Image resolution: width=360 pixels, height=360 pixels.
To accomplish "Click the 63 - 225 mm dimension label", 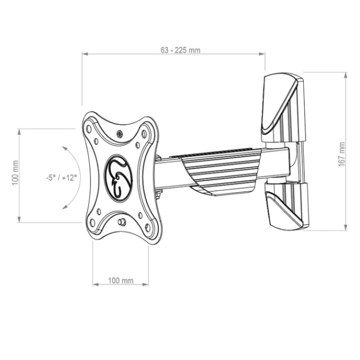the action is point(180,50).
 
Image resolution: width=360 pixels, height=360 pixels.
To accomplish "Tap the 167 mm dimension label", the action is point(342,154).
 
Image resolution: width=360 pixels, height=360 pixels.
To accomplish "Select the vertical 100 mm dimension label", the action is point(15,173).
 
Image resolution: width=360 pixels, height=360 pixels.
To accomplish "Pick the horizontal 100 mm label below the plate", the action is point(121,280).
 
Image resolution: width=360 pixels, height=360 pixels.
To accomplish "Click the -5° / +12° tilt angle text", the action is point(61,177).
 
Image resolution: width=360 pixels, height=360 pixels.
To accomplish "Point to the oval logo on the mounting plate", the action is point(118,178).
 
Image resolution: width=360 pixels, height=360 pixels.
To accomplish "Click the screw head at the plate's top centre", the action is point(119,134).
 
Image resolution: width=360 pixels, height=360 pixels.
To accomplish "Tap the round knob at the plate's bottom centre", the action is point(121,222).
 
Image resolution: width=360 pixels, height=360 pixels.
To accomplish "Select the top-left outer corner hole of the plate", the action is point(89,129).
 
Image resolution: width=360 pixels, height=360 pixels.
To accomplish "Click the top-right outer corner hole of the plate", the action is point(144,133).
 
